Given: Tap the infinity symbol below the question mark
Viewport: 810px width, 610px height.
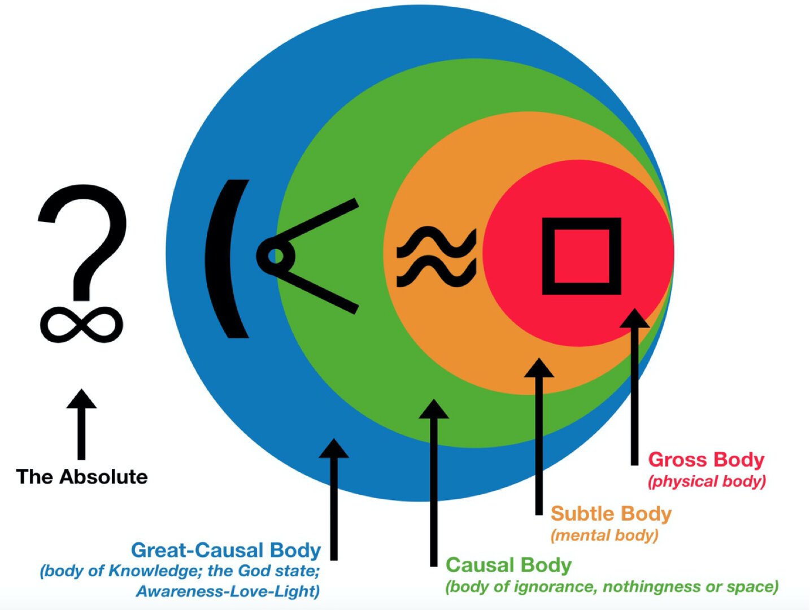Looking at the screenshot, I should point(81,324).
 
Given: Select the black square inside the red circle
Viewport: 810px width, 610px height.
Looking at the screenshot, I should point(581,256).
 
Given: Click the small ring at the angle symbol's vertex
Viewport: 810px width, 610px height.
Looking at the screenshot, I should point(276,256).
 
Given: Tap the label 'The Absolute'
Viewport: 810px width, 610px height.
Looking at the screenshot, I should point(82,477).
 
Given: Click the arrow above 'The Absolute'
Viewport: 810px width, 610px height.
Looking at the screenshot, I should point(82,424).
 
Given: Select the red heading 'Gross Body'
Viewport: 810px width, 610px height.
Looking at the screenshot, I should point(706,460).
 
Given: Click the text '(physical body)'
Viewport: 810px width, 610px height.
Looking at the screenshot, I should point(707,481).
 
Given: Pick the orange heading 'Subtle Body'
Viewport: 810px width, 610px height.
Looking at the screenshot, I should point(611,513).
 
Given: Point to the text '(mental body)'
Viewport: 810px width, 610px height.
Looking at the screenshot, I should point(604,535).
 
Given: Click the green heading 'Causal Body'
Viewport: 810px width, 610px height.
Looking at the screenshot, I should point(508,565).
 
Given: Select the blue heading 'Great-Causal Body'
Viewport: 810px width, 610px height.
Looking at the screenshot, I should point(226,550).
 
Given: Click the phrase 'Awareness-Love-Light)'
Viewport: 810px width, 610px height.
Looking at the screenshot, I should point(228,591).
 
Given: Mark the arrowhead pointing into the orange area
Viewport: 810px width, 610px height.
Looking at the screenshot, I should point(539,368).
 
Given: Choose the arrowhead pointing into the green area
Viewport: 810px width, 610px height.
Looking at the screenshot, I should point(434,409).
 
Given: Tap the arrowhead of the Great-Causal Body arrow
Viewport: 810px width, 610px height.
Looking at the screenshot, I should point(334,448).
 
